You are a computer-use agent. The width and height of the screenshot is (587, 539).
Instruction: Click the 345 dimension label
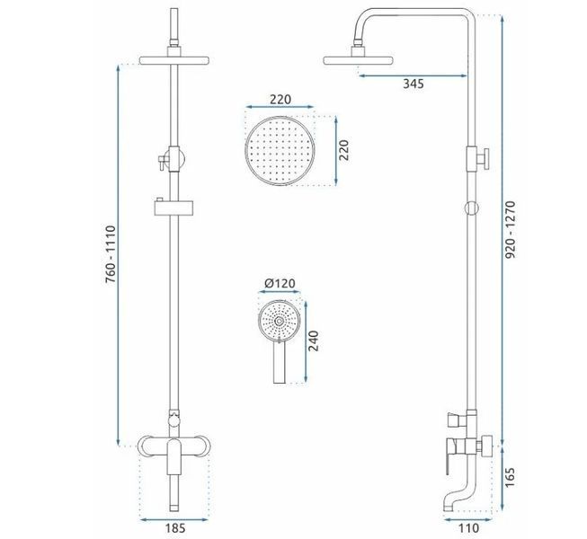click(x=414, y=84)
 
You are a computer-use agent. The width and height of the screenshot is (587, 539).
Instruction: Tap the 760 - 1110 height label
click(x=111, y=254)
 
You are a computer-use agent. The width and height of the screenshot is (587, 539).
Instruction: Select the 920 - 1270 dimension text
click(x=511, y=229)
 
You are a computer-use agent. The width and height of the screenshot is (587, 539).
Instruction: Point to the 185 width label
click(x=175, y=528)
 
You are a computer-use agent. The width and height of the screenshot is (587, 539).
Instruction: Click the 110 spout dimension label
click(x=468, y=528)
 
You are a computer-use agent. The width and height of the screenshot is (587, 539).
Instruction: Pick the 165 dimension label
click(x=511, y=477)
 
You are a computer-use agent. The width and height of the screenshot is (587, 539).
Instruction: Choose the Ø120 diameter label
click(x=280, y=283)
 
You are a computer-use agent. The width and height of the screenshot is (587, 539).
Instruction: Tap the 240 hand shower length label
click(x=314, y=340)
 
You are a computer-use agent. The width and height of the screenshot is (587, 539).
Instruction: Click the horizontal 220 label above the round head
click(x=280, y=99)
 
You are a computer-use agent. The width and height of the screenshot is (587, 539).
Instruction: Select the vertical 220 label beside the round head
click(x=343, y=150)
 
